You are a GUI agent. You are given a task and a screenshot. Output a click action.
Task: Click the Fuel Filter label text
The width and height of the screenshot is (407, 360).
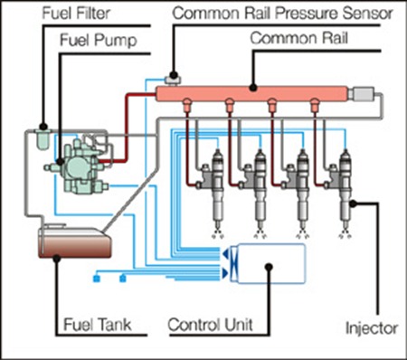[x=76, y=14]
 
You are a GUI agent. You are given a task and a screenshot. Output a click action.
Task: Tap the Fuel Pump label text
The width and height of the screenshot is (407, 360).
[x=99, y=41]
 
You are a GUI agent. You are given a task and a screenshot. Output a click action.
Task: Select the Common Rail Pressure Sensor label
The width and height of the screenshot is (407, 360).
[x=282, y=14]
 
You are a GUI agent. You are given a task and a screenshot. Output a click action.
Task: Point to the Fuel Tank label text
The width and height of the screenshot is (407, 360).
[x=98, y=325]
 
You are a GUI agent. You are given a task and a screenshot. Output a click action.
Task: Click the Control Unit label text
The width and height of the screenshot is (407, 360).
[x=210, y=325]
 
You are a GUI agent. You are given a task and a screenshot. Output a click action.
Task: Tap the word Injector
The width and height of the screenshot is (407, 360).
[x=372, y=328]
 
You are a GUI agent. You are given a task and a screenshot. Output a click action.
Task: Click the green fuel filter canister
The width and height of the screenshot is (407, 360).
[x=43, y=138]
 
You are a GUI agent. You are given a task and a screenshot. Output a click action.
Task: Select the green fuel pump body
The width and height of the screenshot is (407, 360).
[x=78, y=166]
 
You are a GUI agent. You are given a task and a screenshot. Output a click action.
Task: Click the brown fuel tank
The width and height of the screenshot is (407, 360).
[x=75, y=242]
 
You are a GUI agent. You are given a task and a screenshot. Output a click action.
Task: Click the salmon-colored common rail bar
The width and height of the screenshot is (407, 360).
[x=251, y=94]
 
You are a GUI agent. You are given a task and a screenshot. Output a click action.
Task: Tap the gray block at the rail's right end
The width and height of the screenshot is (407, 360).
[x=361, y=94]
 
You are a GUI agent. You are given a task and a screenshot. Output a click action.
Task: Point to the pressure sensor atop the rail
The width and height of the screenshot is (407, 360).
[x=173, y=80]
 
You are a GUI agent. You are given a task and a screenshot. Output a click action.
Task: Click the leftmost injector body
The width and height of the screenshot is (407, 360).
[x=217, y=187]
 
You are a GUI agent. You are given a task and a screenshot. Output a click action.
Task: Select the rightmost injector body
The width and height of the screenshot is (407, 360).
[x=345, y=187]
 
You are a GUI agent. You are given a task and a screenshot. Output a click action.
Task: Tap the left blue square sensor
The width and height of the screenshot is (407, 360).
[x=97, y=279]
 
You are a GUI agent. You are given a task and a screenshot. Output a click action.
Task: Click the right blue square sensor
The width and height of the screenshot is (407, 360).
[x=123, y=279]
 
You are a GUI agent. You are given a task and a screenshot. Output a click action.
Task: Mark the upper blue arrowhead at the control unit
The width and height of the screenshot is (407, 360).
[x=225, y=254]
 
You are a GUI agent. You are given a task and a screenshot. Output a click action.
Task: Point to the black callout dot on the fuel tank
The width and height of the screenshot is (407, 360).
[x=57, y=259]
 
